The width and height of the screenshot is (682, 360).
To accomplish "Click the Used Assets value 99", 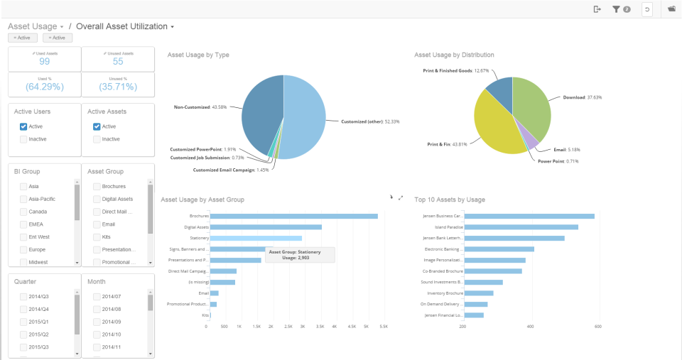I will click(44, 62).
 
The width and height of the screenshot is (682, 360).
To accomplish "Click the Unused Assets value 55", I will click(118, 62).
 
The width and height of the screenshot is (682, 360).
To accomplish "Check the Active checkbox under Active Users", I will click(23, 126).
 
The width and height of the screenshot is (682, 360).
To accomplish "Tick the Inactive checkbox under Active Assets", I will click(97, 139).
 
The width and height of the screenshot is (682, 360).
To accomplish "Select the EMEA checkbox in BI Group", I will click(23, 224).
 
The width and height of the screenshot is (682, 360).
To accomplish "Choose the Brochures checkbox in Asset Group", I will click(97, 186).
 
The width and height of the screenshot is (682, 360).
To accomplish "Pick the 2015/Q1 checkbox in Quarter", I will click(23, 322).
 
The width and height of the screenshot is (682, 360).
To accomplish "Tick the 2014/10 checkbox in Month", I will click(97, 334).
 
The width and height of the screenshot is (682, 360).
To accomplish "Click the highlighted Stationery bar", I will click(256, 239).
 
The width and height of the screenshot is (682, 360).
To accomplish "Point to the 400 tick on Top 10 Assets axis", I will click(531, 327).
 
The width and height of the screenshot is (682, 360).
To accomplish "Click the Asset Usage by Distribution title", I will click(454, 55).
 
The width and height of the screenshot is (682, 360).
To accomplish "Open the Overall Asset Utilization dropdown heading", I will click(125, 26).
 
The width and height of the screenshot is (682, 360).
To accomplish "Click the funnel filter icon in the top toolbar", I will click(617, 9).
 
